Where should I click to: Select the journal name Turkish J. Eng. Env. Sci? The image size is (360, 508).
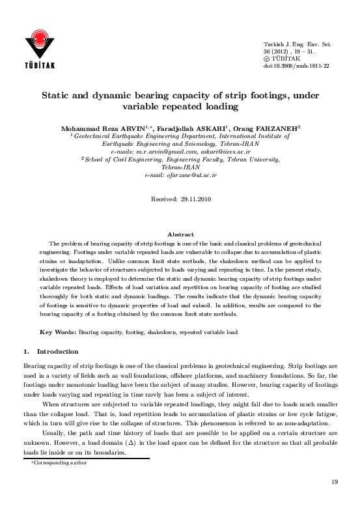point(297,44)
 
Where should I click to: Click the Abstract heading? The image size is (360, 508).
point(180,234)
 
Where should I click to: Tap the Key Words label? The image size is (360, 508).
point(59,332)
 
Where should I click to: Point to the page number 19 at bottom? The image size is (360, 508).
point(335,481)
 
